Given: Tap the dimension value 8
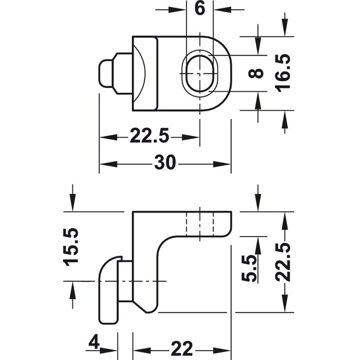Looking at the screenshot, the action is coord(256,73).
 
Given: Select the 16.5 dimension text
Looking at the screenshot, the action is coord(283,73).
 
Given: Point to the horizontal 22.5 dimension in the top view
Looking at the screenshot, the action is coord(149,136).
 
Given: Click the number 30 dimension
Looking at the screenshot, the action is coord(165,162).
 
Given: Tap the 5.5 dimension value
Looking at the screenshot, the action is coord(249,268).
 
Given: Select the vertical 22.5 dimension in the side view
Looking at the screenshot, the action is coord(283,262).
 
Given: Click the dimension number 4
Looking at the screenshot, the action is coord(94,342).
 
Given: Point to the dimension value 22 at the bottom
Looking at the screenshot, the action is coord(182,349).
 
